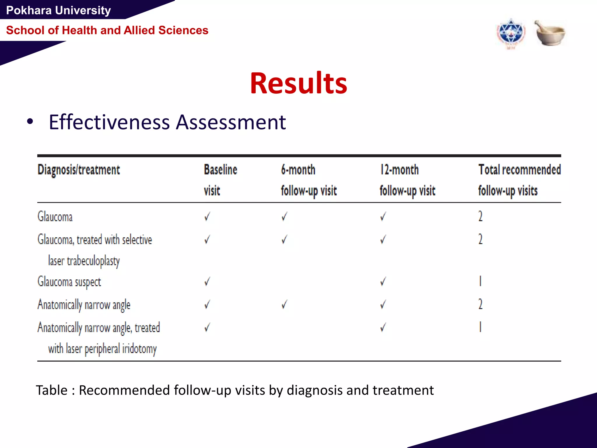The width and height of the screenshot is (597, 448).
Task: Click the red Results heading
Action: click(298, 83)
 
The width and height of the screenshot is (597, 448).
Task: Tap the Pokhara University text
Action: click(58, 10)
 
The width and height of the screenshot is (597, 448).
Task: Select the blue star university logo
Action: click(511, 34)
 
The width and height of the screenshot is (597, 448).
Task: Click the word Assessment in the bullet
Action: click(231, 122)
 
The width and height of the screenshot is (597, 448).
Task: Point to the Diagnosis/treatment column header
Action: click(79, 170)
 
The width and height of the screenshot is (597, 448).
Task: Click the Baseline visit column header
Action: click(220, 180)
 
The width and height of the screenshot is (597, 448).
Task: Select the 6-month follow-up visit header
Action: click(308, 180)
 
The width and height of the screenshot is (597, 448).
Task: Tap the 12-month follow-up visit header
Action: click(407, 180)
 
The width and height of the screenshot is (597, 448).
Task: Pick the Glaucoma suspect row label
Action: click(69, 282)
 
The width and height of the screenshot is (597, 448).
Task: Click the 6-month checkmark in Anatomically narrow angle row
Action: click(285, 305)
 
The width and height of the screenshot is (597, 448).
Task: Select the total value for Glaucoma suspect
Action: click(480, 281)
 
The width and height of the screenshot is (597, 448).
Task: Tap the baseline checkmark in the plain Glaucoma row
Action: click(207, 216)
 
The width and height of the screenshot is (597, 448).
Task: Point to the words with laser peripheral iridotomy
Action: click(102, 349)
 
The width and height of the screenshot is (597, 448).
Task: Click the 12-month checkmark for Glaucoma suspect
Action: click(383, 281)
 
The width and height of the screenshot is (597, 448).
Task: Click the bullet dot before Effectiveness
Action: click(30, 122)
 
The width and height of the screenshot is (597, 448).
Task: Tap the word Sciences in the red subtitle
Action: click(183, 30)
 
